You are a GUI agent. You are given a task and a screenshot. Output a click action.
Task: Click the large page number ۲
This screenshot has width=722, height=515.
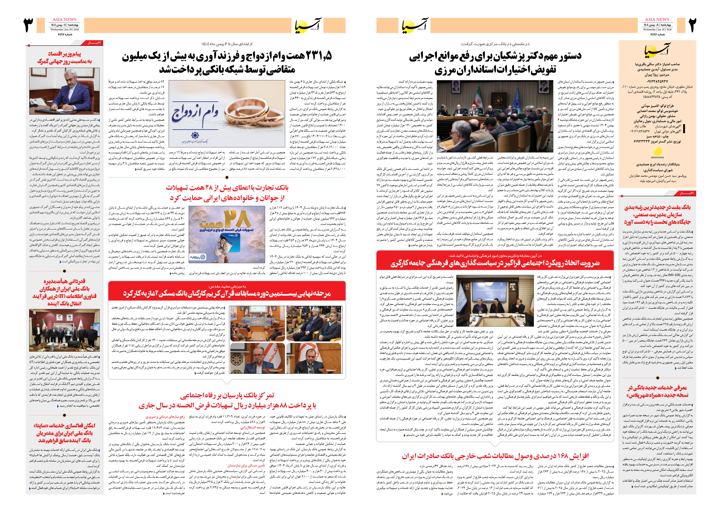point(692,25)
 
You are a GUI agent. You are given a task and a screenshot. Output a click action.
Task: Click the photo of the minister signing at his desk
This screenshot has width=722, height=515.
point(64,91)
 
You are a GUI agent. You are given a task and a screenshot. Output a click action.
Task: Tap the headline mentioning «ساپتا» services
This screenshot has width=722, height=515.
point(64,433)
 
